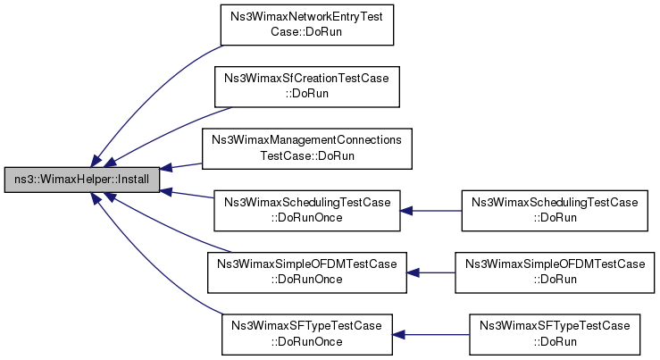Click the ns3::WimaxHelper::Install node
point(82,180)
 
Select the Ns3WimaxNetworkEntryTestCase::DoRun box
point(307,25)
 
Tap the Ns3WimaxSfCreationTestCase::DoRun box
point(307,87)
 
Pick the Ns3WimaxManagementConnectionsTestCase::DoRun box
point(307,148)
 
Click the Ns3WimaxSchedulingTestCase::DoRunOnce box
point(307,211)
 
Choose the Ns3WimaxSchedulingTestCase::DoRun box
point(555,211)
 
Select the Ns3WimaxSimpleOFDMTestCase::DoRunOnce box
point(307,272)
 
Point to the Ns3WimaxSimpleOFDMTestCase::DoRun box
point(555,272)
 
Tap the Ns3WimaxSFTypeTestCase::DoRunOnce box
point(307,334)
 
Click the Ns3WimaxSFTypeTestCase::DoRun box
point(555,334)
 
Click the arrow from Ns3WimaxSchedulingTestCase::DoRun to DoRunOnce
point(431,211)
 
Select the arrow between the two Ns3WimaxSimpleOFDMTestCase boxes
point(431,272)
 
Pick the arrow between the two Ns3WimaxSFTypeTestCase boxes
point(431,335)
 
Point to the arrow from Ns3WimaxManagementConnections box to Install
point(181,166)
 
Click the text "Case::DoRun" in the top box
point(306,32)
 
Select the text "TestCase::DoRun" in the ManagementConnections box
point(307,155)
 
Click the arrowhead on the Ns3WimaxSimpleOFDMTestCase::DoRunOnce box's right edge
point(413,272)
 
